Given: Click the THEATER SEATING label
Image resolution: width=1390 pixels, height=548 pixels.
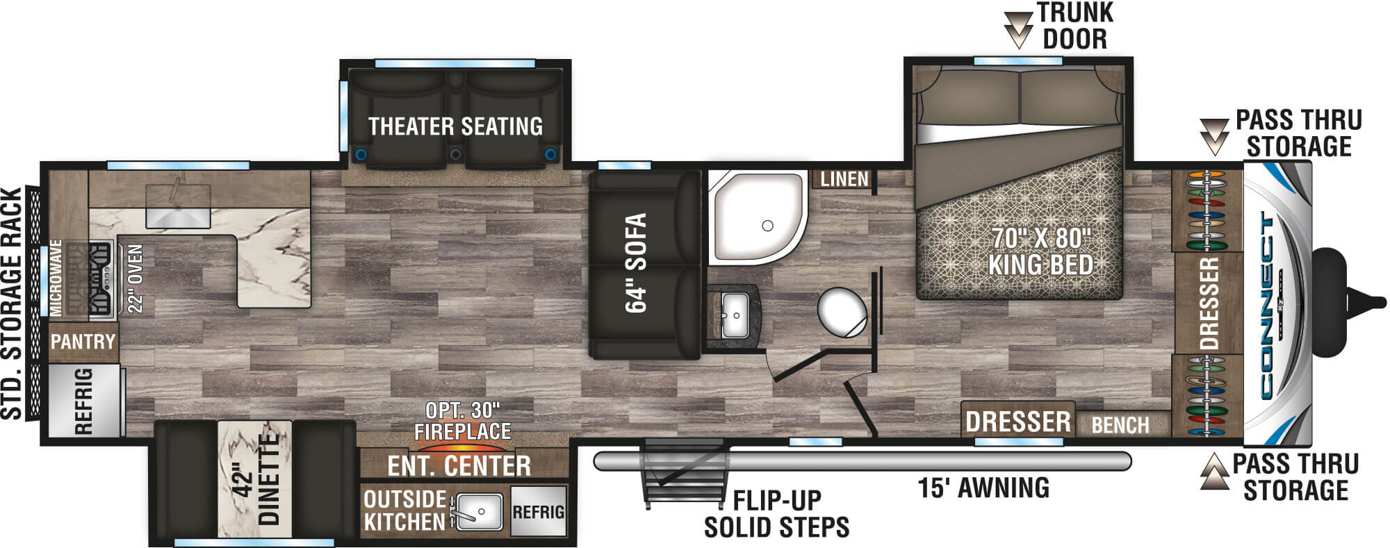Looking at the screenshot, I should click(x=455, y=126).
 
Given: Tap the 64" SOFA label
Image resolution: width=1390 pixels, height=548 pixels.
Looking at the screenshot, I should click(x=636, y=263).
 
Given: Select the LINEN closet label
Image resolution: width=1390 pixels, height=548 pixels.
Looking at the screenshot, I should click(x=844, y=179).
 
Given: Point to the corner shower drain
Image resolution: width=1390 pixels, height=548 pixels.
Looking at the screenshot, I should click(x=767, y=226).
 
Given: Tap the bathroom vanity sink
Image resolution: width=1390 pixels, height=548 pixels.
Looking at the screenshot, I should click(x=734, y=315).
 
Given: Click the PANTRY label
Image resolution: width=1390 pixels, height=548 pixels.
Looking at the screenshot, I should click(x=83, y=342).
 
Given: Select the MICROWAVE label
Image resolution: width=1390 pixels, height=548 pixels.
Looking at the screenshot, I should click(x=56, y=278).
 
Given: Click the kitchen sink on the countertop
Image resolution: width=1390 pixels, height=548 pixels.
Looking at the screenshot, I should click(x=177, y=206).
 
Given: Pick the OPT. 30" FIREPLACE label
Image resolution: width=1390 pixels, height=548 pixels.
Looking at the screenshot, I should click(x=463, y=421).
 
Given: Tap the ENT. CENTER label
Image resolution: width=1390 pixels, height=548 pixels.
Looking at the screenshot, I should click(x=459, y=466).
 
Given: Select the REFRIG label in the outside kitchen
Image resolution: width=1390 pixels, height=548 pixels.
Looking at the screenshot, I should click(x=538, y=512).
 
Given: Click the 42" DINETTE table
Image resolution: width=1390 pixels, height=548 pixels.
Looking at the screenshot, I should click(x=254, y=479).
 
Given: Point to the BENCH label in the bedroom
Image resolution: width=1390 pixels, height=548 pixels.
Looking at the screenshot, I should click(x=1120, y=424).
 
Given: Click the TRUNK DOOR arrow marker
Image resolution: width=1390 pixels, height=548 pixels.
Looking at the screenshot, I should click(x=1019, y=28).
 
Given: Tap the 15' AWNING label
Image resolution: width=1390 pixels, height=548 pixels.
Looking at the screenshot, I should click(x=983, y=488).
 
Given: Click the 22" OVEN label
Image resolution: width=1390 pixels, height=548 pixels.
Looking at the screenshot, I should click(x=135, y=279).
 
